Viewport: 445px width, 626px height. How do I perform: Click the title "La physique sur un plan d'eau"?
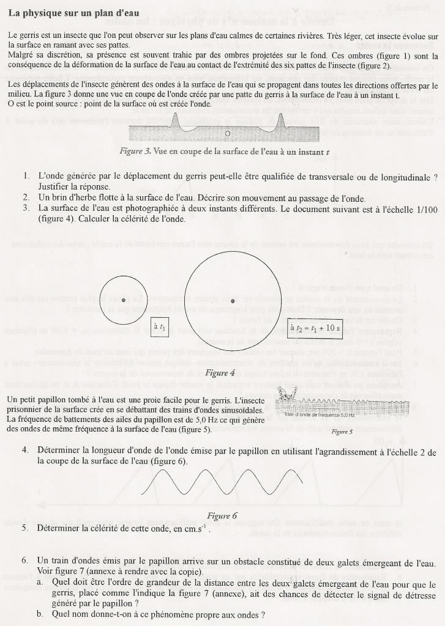73,13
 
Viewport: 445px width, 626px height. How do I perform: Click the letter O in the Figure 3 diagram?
227,133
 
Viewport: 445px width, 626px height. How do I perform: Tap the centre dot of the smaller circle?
124,300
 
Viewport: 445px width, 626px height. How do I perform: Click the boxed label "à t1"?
160,328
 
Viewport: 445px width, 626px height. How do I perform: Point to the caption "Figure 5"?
342,431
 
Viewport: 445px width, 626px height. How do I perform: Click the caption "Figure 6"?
222,515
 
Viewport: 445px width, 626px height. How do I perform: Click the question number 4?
24,451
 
